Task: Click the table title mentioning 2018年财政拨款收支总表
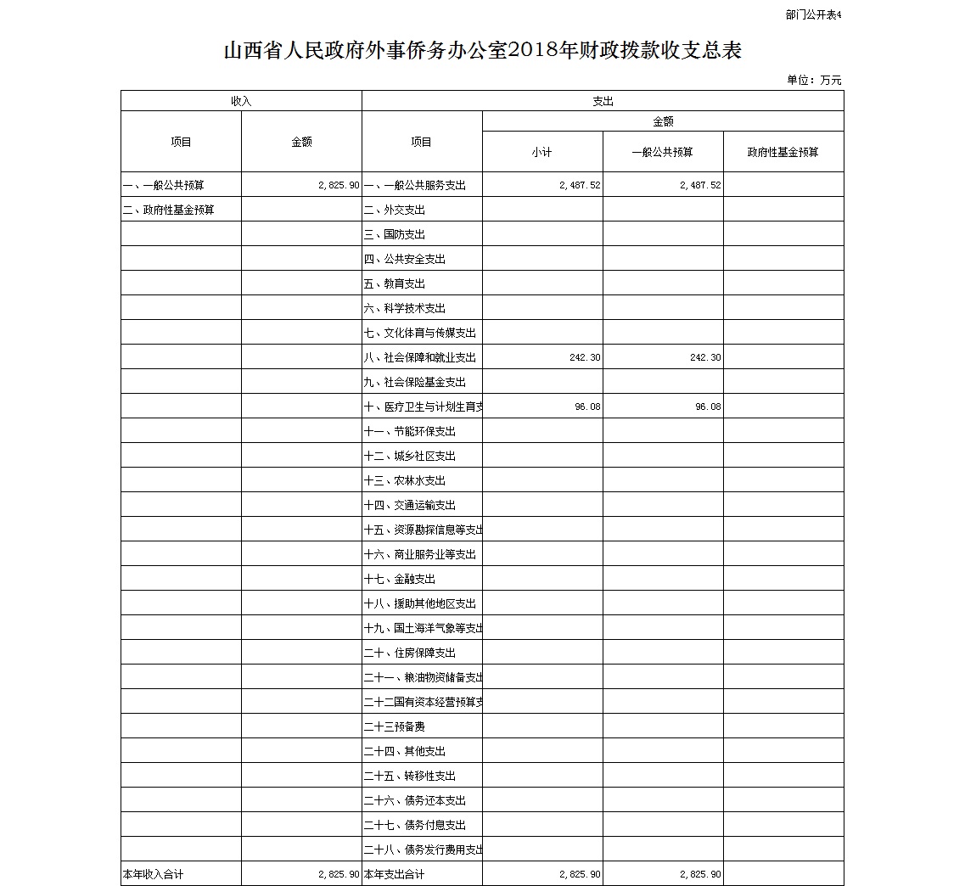(x=482, y=51)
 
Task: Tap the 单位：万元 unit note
(x=814, y=81)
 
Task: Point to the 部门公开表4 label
(x=812, y=14)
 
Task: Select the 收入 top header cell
(x=241, y=101)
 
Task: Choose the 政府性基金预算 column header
(x=783, y=152)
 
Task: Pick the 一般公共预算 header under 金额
(x=662, y=152)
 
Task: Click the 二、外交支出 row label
(x=395, y=210)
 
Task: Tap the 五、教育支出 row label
(x=395, y=283)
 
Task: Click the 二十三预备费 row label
(x=395, y=726)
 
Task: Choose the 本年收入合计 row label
(x=154, y=874)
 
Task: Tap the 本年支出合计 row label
(x=395, y=874)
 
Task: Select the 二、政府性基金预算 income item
(x=169, y=210)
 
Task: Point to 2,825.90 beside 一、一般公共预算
(x=339, y=185)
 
